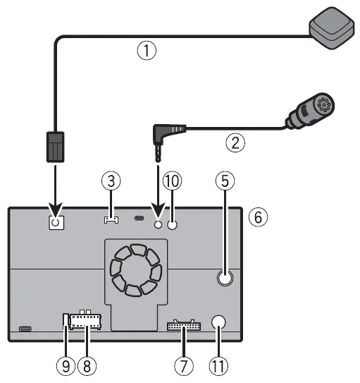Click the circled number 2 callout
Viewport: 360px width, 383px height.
coord(235,142)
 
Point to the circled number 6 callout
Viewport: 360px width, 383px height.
coord(259,218)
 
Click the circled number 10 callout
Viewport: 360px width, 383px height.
coord(173,182)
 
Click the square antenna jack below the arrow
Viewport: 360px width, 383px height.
coord(56,222)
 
